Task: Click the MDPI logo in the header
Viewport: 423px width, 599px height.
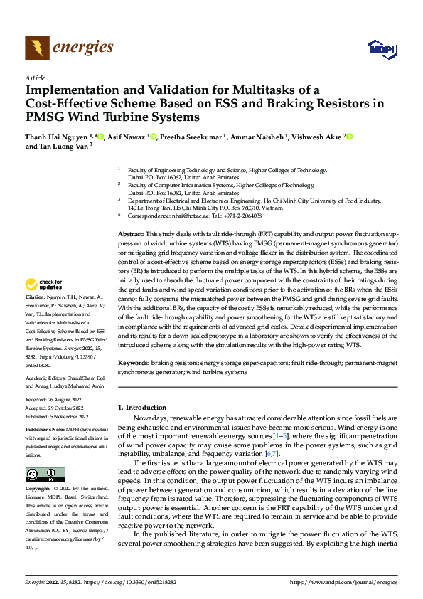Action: [380, 48]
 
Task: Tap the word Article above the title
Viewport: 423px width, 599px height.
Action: [35, 78]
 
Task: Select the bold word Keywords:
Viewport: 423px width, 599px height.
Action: [134, 362]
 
